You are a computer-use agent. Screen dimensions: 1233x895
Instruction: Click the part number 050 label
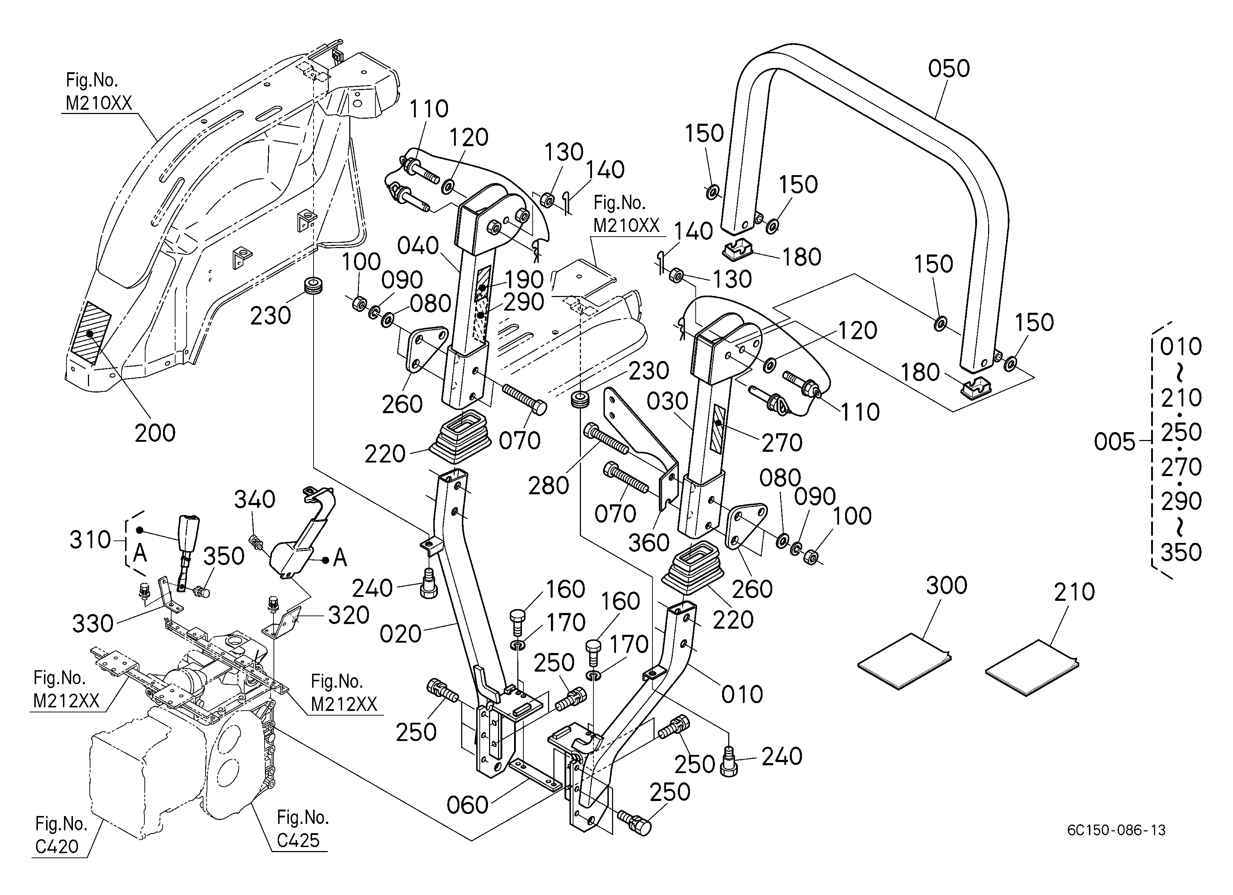pyautogui.click(x=949, y=69)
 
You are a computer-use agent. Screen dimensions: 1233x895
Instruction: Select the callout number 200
pyautogui.click(x=155, y=433)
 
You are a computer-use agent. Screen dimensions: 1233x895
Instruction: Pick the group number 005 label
pyautogui.click(x=1114, y=442)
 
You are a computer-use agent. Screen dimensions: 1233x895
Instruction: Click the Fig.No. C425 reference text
pyautogui.click(x=303, y=829)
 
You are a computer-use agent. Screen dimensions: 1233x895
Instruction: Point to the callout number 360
pyautogui.click(x=648, y=542)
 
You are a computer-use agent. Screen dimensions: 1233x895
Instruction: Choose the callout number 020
pyautogui.click(x=401, y=634)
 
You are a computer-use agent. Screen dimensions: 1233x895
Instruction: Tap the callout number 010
pyautogui.click(x=742, y=694)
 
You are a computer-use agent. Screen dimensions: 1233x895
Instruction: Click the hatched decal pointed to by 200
pyautogui.click(x=91, y=332)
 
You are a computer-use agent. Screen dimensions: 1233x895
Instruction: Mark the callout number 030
pyautogui.click(x=667, y=402)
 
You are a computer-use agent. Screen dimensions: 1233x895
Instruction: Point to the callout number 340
pyautogui.click(x=255, y=499)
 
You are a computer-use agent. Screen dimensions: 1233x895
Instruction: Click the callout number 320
pyautogui.click(x=349, y=615)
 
